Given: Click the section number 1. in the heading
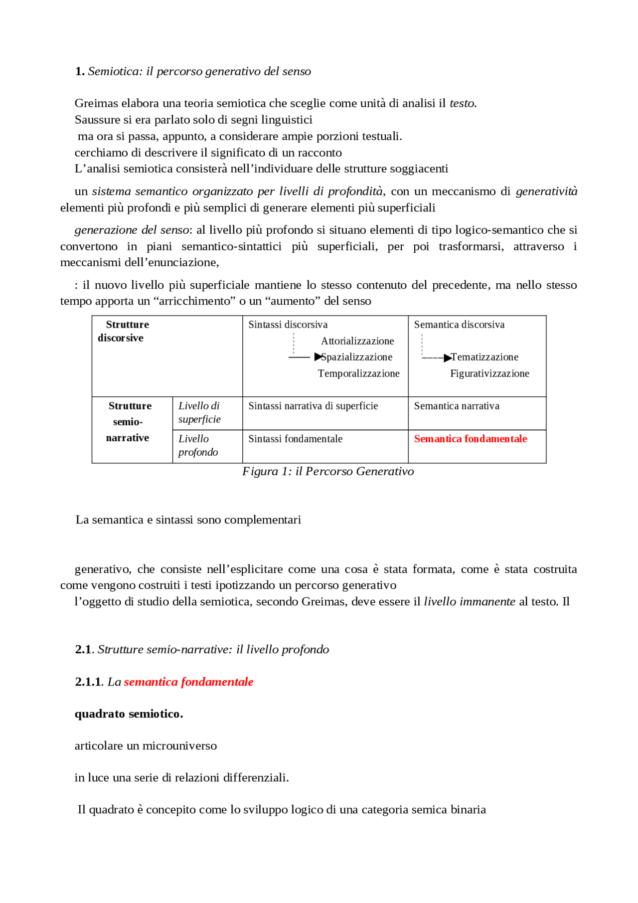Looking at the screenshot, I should pyautogui.click(x=80, y=71).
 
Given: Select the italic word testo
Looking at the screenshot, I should pyautogui.click(x=462, y=103).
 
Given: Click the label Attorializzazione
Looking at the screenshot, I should pyautogui.click(x=357, y=341).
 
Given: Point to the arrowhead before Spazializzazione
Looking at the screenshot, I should pyautogui.click(x=318, y=357).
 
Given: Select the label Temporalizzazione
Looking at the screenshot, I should pyautogui.click(x=358, y=373).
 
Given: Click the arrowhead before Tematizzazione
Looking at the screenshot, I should pyautogui.click(x=448, y=358).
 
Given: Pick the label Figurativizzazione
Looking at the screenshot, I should pyautogui.click(x=489, y=373).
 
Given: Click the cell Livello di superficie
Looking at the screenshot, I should pyautogui.click(x=199, y=412).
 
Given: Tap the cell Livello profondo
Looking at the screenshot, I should pyautogui.click(x=198, y=445).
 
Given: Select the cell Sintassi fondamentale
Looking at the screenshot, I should pyautogui.click(x=295, y=439).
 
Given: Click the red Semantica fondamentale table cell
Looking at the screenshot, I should pyautogui.click(x=470, y=439).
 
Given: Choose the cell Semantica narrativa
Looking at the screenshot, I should pyautogui.click(x=456, y=406).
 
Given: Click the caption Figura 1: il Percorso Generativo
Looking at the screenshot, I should pyautogui.click(x=327, y=471).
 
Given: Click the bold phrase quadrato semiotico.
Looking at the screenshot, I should pyautogui.click(x=129, y=714).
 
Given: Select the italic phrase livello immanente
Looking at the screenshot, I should pyautogui.click(x=469, y=601).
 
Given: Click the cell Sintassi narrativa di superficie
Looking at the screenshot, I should pyautogui.click(x=313, y=406).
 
